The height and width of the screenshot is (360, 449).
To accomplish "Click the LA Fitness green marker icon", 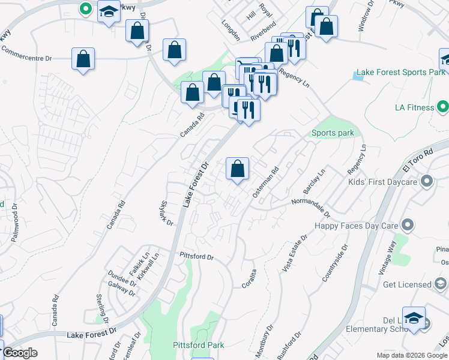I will (443, 108).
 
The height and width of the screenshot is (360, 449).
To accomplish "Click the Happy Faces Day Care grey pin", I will (408, 225).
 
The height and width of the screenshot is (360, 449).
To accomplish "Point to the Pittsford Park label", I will (198, 345).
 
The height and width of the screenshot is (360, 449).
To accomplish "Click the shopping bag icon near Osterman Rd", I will (238, 169).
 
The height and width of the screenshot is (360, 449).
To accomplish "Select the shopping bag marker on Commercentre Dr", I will (83, 59).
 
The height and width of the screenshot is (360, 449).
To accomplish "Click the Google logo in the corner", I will (19, 353).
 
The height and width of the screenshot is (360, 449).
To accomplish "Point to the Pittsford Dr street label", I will (197, 256).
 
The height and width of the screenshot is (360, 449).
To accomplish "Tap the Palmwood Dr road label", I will (14, 221).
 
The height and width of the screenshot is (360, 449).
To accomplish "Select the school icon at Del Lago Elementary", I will (414, 318).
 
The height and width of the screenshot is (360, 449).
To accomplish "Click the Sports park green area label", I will (333, 133).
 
